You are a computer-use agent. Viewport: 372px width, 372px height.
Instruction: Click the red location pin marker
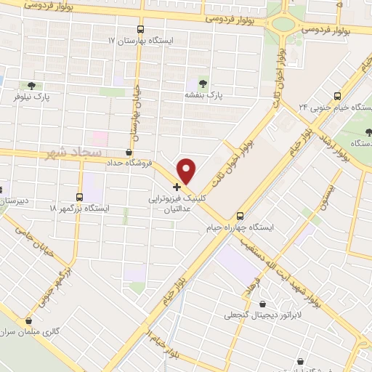[187, 170]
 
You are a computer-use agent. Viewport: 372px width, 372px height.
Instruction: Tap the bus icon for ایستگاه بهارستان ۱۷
[141, 29]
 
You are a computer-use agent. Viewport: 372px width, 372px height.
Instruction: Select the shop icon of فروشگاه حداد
[129, 152]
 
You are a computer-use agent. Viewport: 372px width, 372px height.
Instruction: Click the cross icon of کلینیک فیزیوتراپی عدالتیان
[177, 187]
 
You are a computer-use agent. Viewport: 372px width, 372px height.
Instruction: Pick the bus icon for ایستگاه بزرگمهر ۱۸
[80, 197]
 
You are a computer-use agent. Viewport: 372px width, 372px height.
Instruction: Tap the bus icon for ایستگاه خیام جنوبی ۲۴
[337, 96]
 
